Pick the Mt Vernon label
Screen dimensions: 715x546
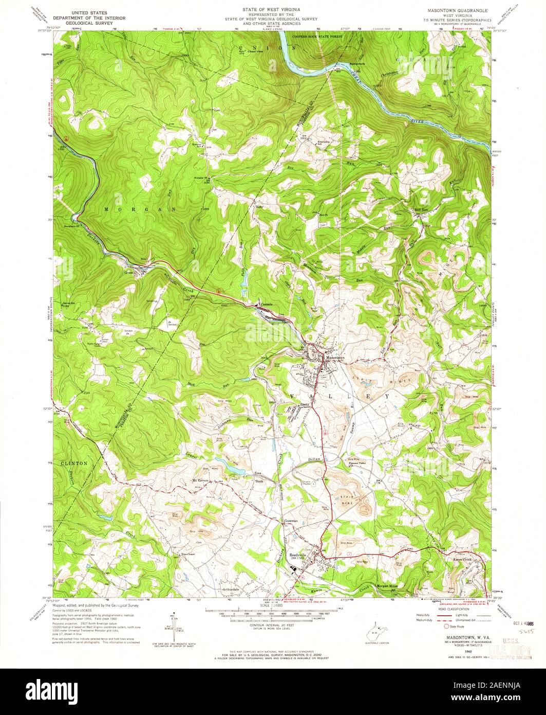click(x=201, y=480)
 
